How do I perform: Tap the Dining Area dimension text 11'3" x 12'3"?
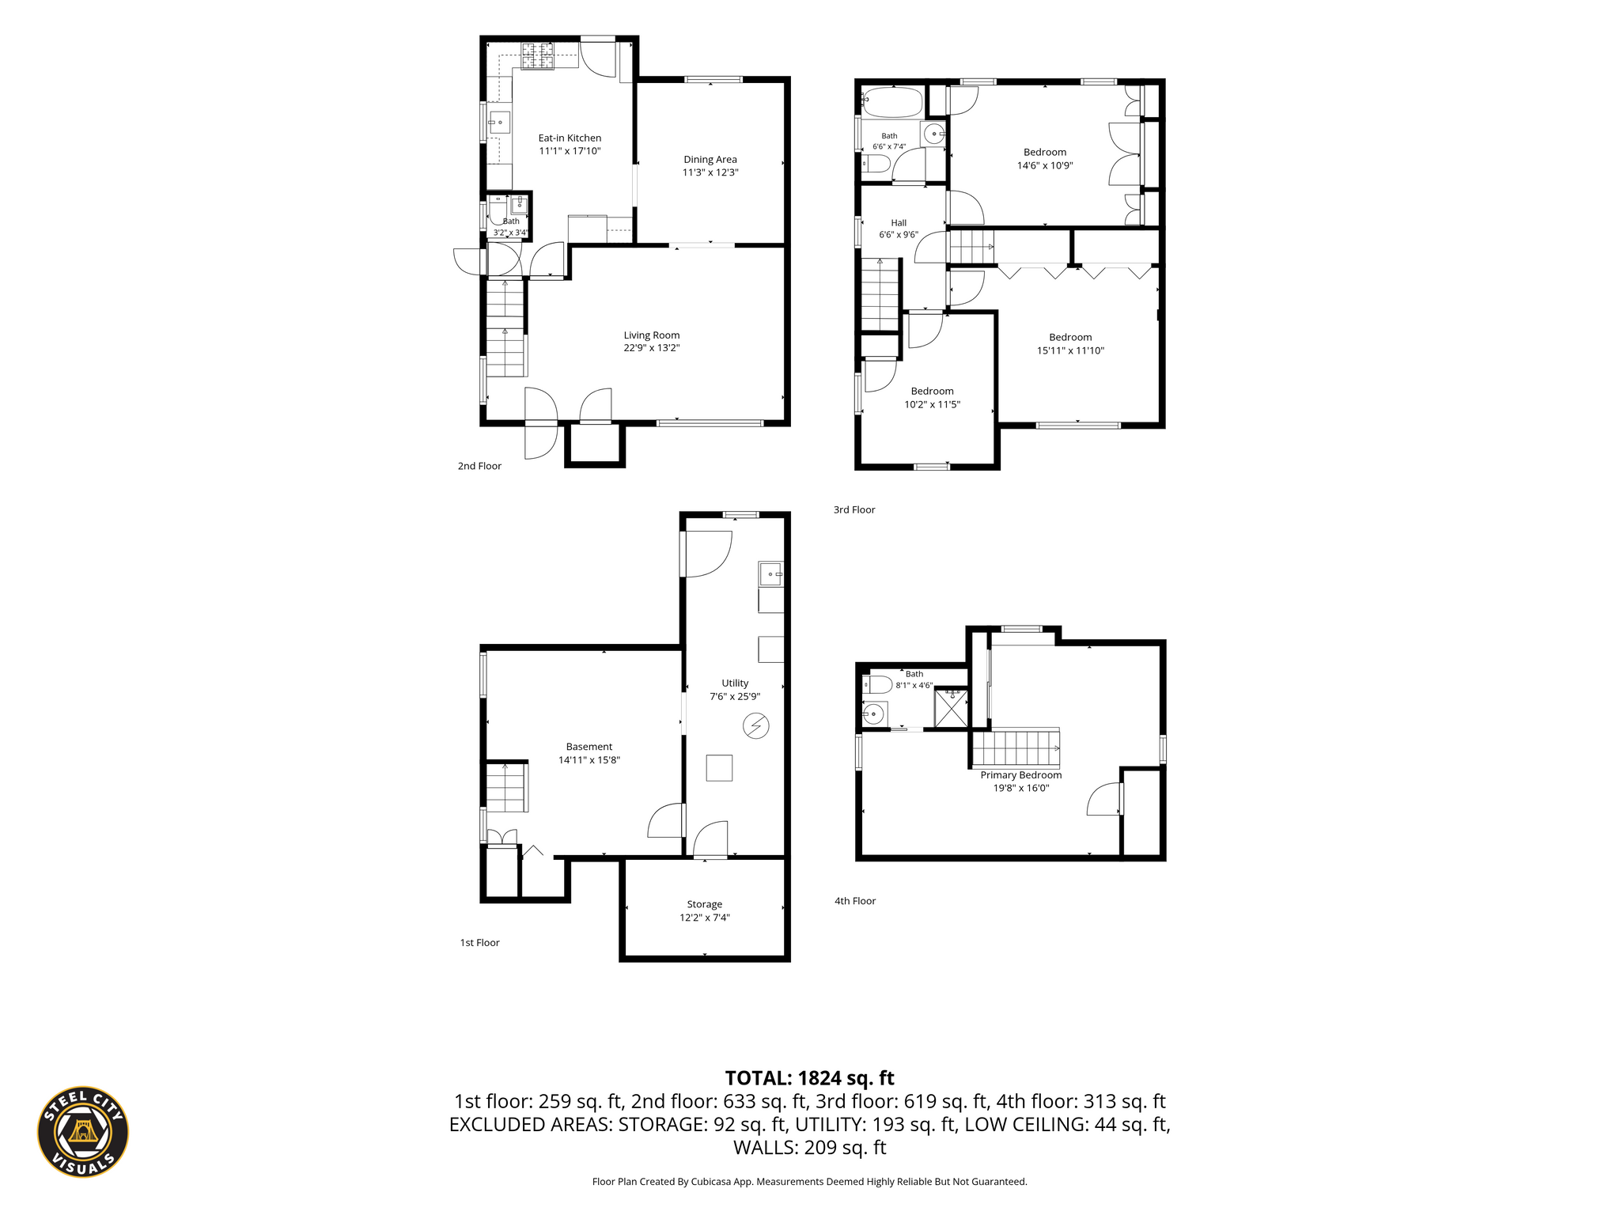[x=710, y=172]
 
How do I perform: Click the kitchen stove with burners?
[x=537, y=56]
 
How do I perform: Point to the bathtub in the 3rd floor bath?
[x=892, y=103]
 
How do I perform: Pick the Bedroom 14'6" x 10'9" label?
[x=1045, y=159]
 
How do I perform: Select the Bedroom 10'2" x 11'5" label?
[x=933, y=398]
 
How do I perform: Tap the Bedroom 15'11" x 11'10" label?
[x=1070, y=344]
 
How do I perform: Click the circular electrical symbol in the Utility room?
[x=756, y=725]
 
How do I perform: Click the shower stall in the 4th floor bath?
[x=951, y=708]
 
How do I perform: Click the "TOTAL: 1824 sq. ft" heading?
[x=810, y=1078]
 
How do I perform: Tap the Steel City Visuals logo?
[x=83, y=1131]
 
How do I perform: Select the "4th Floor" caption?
[x=855, y=901]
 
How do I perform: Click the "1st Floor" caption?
[x=480, y=943]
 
